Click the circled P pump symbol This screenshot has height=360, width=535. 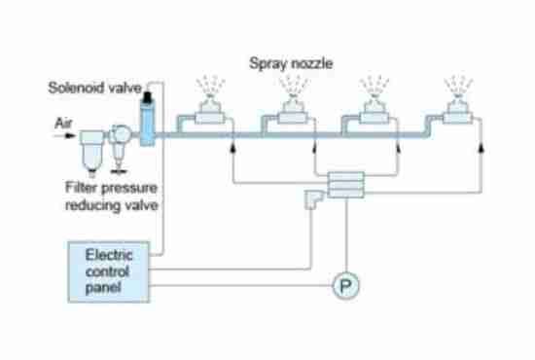coord(344,286)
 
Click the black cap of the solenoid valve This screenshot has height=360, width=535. coord(149,99)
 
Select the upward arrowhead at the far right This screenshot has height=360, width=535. coord(481,146)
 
